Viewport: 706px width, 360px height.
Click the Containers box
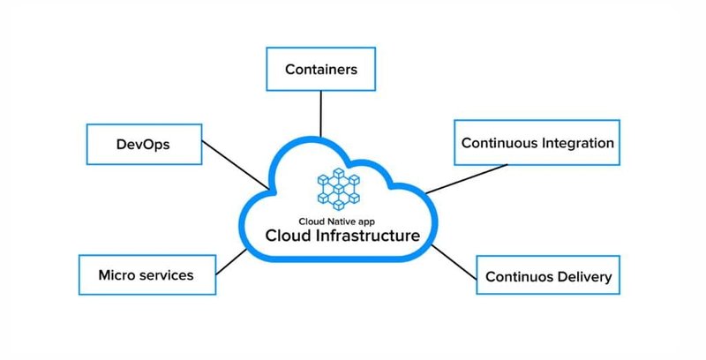click(320, 68)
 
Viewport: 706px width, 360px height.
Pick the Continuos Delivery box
click(548, 277)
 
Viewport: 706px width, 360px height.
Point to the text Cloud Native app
click(335, 221)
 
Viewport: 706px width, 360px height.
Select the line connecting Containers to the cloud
click(321, 116)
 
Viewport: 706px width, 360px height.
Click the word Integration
click(575, 142)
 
